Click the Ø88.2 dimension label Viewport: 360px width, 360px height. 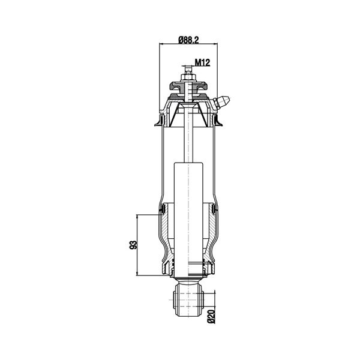pyautogui.click(x=188, y=40)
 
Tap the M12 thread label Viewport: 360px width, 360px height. pyautogui.click(x=203, y=62)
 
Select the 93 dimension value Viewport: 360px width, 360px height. pyautogui.click(x=133, y=245)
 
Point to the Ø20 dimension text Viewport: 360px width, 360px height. pyautogui.click(x=211, y=316)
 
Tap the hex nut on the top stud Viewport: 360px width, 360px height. pyautogui.click(x=188, y=77)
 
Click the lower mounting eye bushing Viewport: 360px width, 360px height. pyautogui.click(x=189, y=299)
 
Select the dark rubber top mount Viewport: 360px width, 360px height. pyautogui.click(x=188, y=86)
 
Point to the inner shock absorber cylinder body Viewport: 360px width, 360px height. pyautogui.click(x=188, y=220)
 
